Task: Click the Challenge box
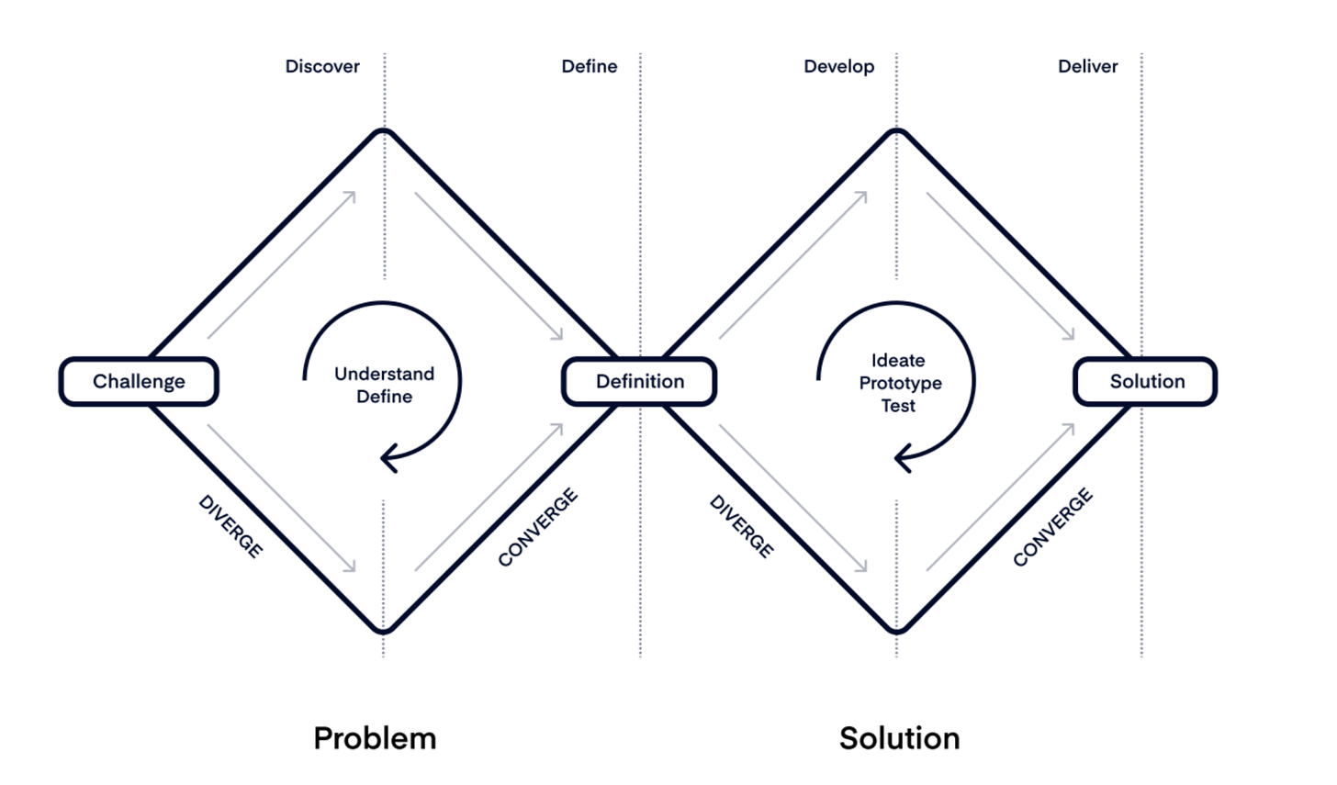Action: pyautogui.click(x=139, y=381)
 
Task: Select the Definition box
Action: pyautogui.click(x=639, y=381)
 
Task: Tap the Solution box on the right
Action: pyautogui.click(x=1146, y=381)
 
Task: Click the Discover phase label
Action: pyautogui.click(x=322, y=66)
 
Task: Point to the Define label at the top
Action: pyautogui.click(x=589, y=66)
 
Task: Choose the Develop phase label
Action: pyautogui.click(x=838, y=66)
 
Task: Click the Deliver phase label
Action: pyautogui.click(x=1087, y=66)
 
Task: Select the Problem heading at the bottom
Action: pyautogui.click(x=375, y=738)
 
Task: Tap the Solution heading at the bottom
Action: pyautogui.click(x=899, y=738)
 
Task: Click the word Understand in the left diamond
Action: pyautogui.click(x=384, y=374)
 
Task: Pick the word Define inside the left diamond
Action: pyautogui.click(x=384, y=397)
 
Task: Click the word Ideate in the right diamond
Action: pyautogui.click(x=898, y=360)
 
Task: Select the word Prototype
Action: pyautogui.click(x=900, y=383)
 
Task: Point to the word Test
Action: pyautogui.click(x=898, y=406)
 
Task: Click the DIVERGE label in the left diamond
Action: pyautogui.click(x=230, y=526)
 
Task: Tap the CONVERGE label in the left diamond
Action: pyautogui.click(x=538, y=527)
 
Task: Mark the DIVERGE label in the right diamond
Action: pyautogui.click(x=742, y=526)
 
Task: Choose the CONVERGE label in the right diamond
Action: pyautogui.click(x=1053, y=527)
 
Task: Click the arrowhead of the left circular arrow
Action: pyautogui.click(x=388, y=457)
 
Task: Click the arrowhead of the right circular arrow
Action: pyautogui.click(x=903, y=457)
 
